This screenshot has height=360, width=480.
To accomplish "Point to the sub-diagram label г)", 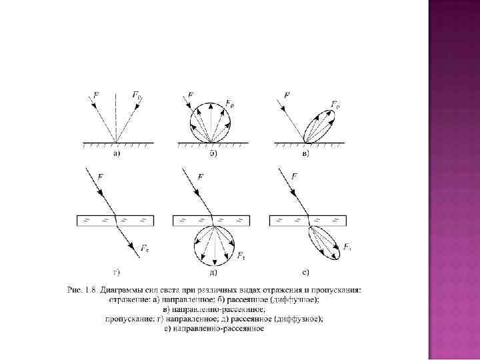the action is point(116,271).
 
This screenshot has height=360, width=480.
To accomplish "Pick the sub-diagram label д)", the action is point(212,271).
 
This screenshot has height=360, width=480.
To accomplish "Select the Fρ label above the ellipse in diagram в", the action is point(335,104).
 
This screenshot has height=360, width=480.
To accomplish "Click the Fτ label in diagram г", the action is point(145,248).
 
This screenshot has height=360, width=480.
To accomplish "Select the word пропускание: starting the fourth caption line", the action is point(131,319).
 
